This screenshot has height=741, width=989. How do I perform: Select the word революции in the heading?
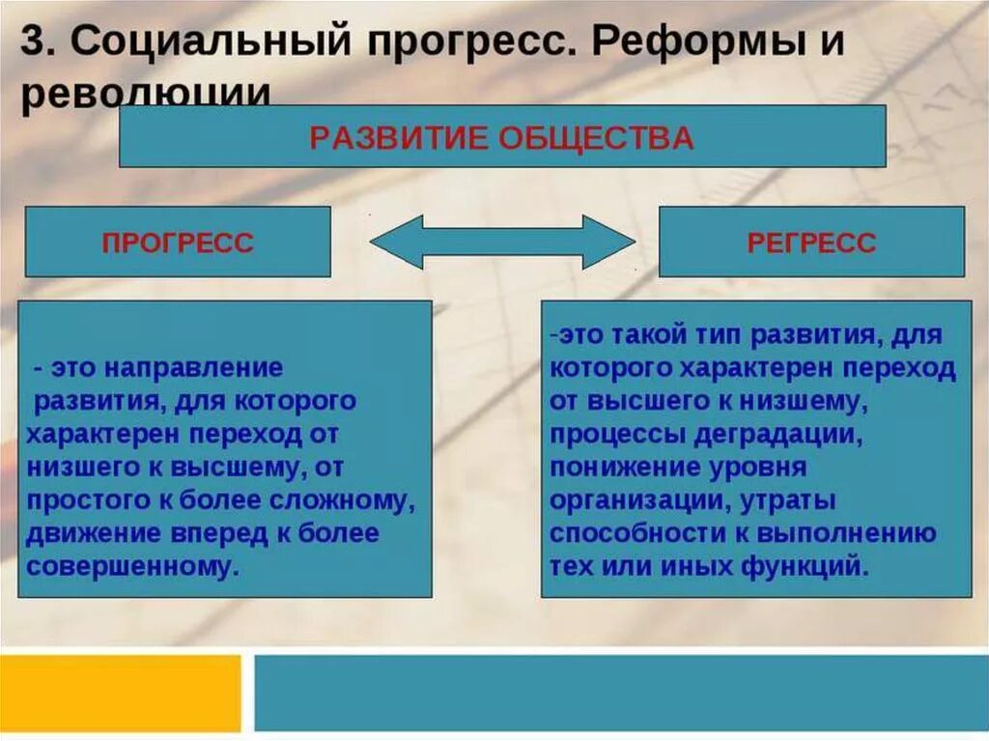click(x=144, y=95)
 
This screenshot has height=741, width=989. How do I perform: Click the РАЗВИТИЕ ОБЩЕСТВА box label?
click(x=501, y=137)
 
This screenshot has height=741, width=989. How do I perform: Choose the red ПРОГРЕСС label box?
click(x=178, y=242)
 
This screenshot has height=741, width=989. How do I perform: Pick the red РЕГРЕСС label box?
click(x=811, y=242)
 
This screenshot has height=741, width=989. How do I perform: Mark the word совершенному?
click(x=132, y=566)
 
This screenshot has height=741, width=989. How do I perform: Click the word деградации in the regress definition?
click(x=778, y=434)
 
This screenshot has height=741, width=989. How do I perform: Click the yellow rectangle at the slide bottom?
click(x=120, y=693)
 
